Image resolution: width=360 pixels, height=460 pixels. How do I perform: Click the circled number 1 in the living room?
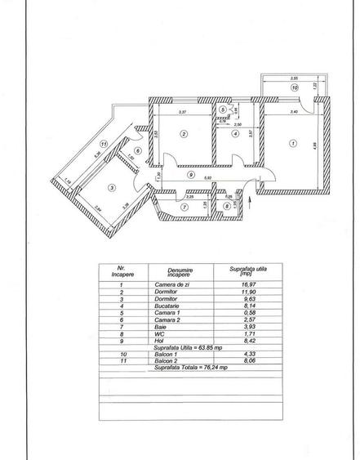[292, 145]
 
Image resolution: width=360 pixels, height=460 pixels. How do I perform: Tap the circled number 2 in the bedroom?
[184, 135]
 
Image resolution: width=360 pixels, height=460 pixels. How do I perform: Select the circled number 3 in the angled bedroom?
[113, 187]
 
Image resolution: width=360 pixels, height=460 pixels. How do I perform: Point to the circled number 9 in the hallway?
[189, 174]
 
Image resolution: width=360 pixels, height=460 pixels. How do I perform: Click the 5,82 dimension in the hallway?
[208, 178]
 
